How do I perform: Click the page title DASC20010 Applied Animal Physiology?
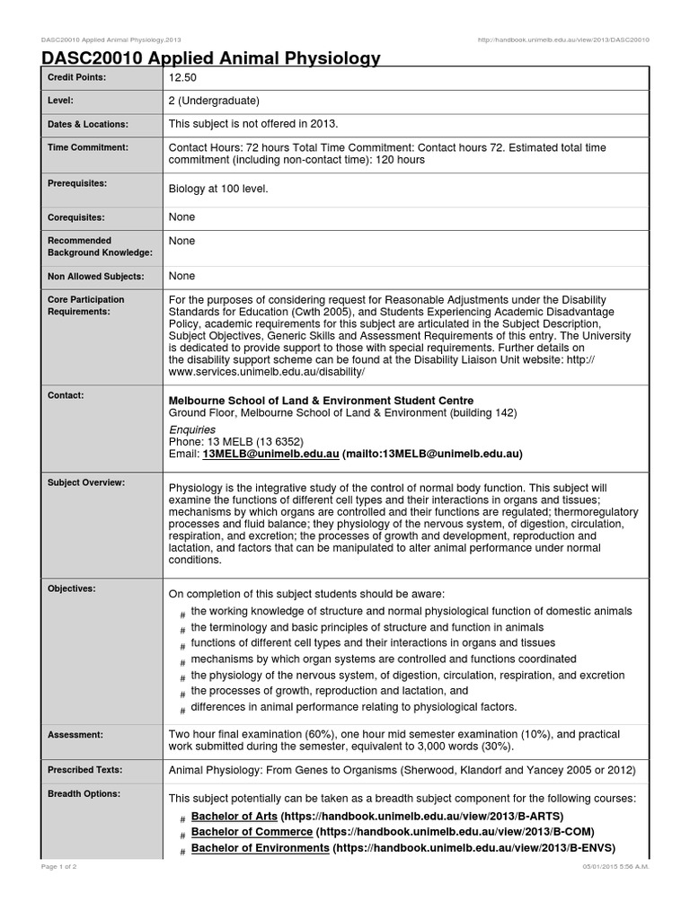point(211,59)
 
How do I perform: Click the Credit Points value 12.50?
point(182,78)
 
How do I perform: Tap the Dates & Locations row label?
point(88,124)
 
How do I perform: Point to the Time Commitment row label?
point(88,147)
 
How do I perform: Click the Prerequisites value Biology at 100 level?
point(218,190)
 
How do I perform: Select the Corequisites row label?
point(76,217)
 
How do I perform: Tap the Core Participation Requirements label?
point(86,305)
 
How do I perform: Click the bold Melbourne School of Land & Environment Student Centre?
point(322,400)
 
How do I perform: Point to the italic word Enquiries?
point(192,430)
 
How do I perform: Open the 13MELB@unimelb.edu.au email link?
point(271,455)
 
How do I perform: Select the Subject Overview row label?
point(86,482)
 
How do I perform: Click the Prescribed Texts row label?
point(85,770)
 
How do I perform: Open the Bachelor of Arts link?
point(234,816)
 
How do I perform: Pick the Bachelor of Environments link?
point(260,848)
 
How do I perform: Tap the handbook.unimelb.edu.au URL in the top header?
point(565,40)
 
